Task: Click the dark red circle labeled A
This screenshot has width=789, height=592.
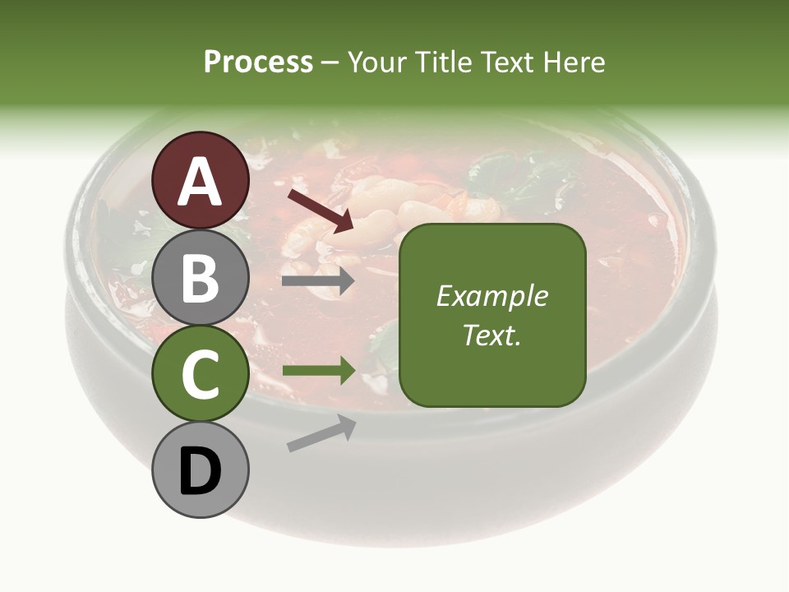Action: (201, 180)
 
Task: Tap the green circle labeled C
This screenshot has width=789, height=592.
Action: (201, 374)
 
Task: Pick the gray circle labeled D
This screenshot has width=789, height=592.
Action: (201, 470)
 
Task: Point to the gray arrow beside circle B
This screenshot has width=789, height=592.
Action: (318, 281)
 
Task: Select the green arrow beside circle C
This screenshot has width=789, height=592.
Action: (318, 371)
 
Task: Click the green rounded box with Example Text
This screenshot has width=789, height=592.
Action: (492, 316)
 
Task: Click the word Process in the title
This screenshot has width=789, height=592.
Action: (258, 62)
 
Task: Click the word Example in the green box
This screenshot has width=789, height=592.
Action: (492, 297)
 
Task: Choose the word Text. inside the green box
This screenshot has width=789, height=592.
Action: (492, 335)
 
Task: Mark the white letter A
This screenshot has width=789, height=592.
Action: (201, 182)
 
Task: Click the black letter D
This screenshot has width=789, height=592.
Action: (201, 472)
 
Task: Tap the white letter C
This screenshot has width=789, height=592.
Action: (201, 375)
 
